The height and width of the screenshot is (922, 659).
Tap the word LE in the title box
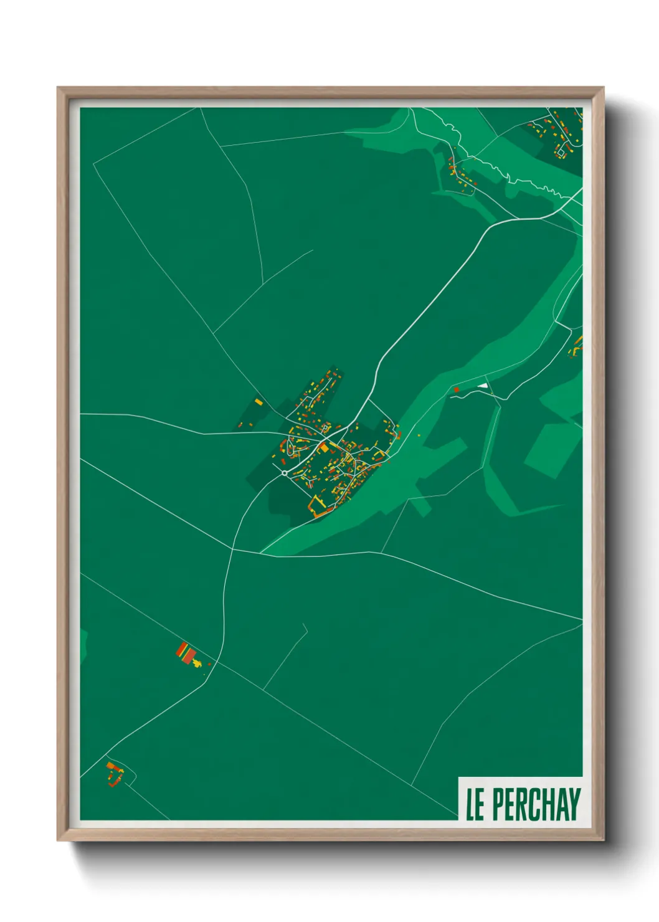(x=475, y=804)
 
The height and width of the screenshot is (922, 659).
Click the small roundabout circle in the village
(x=285, y=473)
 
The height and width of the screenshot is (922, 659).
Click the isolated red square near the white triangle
(x=457, y=390)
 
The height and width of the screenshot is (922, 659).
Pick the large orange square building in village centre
(x=324, y=447)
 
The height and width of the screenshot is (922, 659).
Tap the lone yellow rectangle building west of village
(x=258, y=402)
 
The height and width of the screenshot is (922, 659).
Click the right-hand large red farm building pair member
(x=190, y=654)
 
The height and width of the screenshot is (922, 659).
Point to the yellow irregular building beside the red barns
(x=197, y=662)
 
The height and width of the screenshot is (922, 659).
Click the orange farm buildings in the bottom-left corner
(x=113, y=773)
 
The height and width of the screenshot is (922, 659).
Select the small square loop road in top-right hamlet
(x=561, y=151)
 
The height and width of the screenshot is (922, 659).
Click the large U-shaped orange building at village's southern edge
(x=318, y=507)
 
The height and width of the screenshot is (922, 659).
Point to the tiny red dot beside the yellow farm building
(x=209, y=664)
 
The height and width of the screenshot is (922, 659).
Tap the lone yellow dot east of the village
(x=419, y=435)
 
